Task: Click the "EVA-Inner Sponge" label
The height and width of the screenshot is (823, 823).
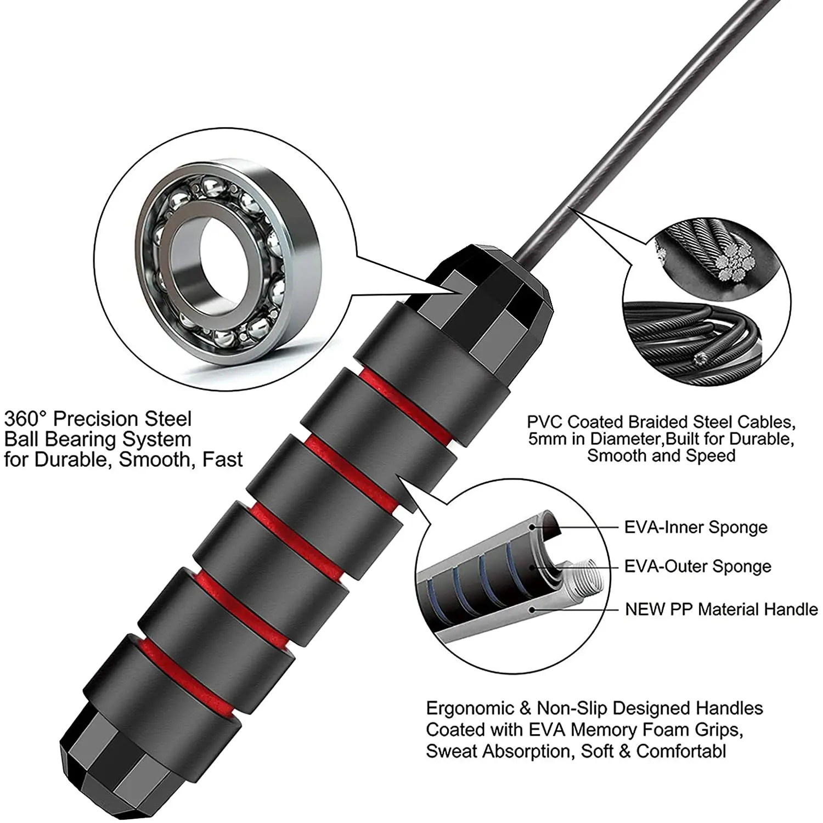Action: tap(696, 527)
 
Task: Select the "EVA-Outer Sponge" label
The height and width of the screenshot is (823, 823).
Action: tap(698, 566)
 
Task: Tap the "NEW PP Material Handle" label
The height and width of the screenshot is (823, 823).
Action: tap(721, 609)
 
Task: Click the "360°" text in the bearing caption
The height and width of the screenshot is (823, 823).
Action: tap(25, 419)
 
